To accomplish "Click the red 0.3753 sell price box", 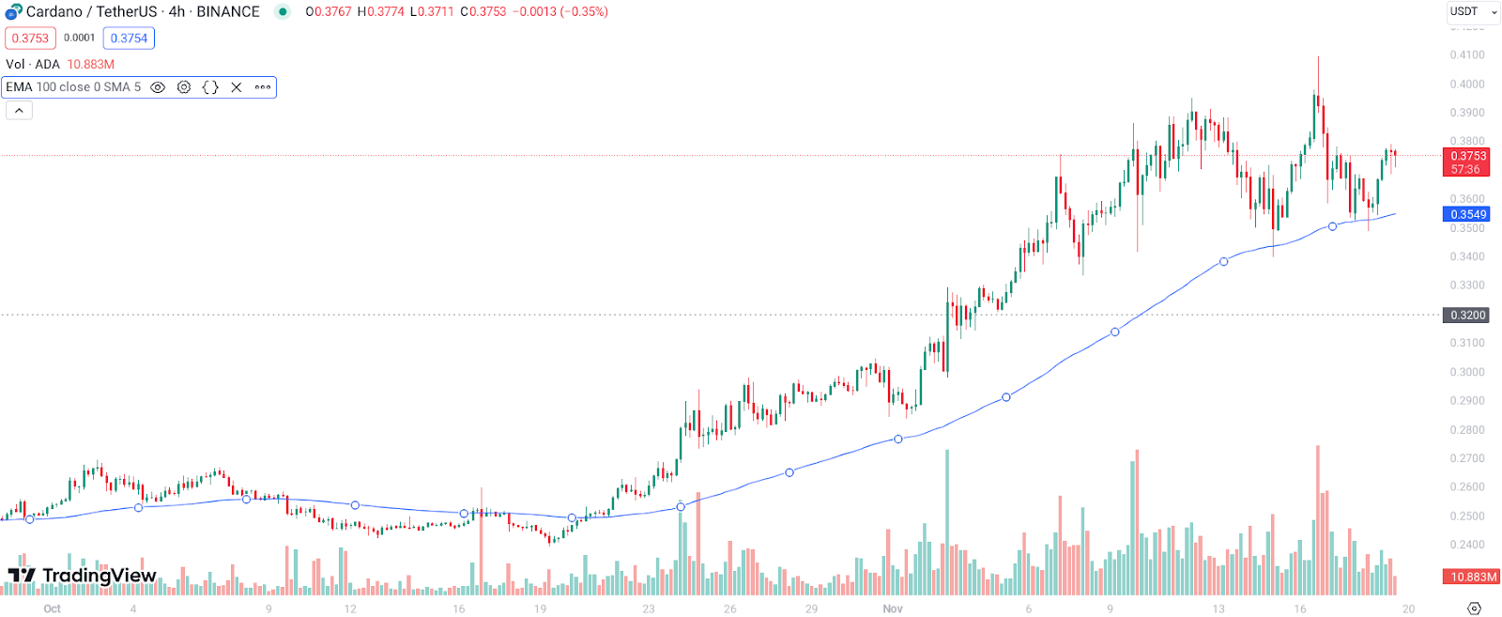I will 30,39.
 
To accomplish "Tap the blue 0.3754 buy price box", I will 129,39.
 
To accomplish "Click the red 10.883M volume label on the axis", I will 1472,577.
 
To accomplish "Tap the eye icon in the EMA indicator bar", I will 158,87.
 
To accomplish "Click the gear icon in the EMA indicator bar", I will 184,87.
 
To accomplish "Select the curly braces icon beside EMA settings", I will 210,87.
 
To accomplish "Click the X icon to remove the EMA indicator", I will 237,87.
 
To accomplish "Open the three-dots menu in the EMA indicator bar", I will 263,87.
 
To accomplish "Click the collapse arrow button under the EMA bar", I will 19,111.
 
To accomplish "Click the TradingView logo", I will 83,576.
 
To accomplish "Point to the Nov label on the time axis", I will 893,609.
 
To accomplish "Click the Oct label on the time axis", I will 52,609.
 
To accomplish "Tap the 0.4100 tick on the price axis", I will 1467,55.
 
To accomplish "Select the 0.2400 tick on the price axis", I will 1467,545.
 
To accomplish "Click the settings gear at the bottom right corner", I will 1474,609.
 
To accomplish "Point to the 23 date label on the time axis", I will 649,609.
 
